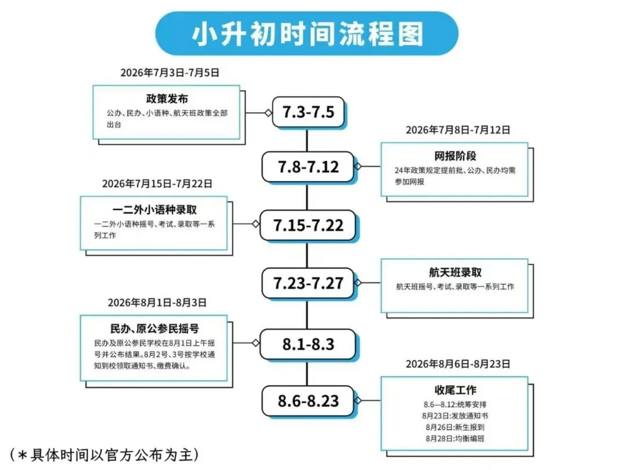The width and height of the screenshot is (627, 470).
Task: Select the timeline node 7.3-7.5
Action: point(308,112)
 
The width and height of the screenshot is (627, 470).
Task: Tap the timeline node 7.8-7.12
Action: point(308,167)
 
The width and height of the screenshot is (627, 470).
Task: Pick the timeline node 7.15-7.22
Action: point(308,225)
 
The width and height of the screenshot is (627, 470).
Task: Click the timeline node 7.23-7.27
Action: point(308,283)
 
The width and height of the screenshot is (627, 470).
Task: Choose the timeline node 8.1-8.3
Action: point(308,344)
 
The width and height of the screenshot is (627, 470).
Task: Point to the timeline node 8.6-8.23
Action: point(308,401)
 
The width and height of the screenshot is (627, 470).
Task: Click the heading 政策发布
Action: point(167,99)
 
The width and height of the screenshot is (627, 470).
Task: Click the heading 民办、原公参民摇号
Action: point(154,329)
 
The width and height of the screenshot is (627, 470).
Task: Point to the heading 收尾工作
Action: point(455,389)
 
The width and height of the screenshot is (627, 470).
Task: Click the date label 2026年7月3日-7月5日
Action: point(170,73)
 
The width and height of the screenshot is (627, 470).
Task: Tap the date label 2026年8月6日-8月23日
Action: point(457,364)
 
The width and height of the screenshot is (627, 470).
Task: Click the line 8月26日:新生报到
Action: point(455,427)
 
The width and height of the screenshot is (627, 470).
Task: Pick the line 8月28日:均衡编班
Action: point(455,438)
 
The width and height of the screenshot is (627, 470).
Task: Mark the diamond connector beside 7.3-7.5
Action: point(268,113)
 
